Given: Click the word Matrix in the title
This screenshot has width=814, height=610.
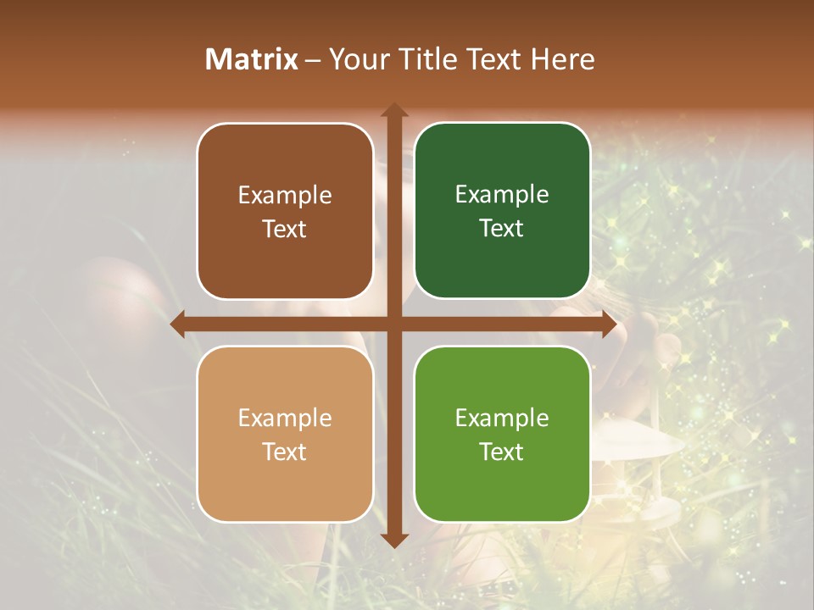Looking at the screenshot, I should pos(252,59).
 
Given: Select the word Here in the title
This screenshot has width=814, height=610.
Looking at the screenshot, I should pos(563,59).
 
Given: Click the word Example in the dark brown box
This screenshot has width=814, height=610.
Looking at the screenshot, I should pos(285,196).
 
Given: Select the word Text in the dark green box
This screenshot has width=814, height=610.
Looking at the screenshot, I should pos(502,228).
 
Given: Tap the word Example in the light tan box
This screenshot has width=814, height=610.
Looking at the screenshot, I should pos(285,419).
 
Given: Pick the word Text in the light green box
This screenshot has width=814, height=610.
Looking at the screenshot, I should pos(502,452).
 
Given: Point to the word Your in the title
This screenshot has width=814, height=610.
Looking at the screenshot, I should pos(355,59).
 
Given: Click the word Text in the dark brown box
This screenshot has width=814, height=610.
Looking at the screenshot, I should pos(285,229).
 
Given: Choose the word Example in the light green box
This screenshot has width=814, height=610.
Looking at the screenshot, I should pos(502,419).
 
